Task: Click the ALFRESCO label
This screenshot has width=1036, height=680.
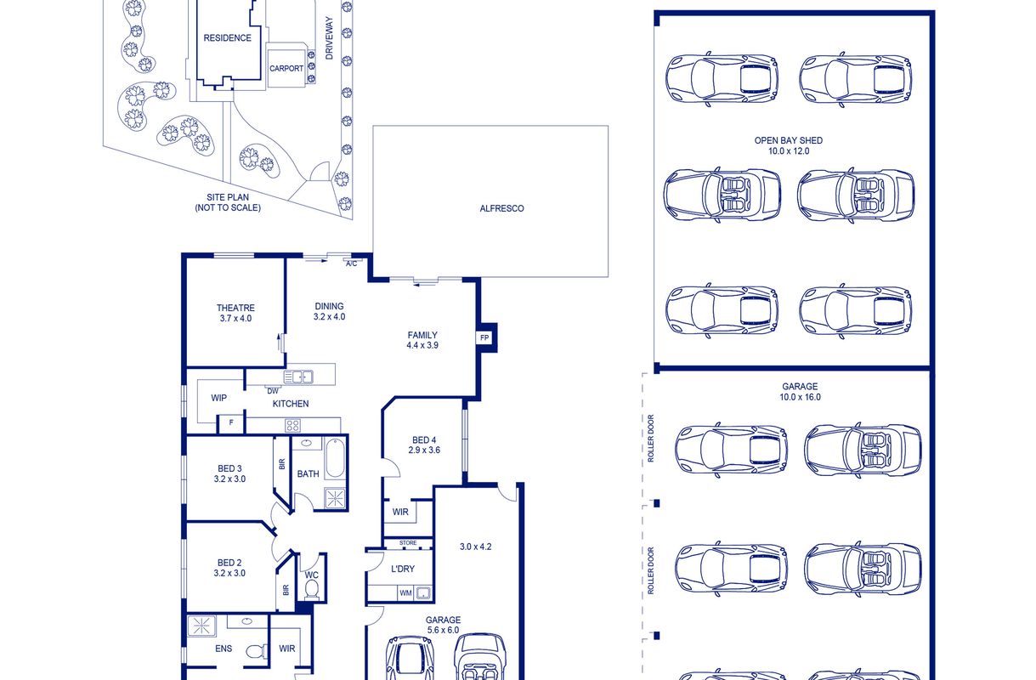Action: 501,208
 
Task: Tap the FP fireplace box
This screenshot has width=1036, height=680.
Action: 484,337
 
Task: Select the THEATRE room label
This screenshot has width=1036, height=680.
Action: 235,308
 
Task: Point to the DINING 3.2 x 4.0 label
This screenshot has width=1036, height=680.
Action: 329,311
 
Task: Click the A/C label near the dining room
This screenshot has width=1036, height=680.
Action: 352,263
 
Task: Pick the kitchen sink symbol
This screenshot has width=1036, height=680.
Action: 298,377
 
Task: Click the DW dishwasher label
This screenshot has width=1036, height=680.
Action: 273,391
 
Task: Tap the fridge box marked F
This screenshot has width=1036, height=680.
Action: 231,422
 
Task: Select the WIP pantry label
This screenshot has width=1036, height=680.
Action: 218,398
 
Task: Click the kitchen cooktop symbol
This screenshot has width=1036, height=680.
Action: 292,425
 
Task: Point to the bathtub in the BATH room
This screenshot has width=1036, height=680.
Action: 335,458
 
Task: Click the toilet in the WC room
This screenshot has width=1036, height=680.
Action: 312,590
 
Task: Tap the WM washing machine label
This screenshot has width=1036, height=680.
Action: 405,593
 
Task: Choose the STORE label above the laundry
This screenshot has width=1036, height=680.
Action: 408,542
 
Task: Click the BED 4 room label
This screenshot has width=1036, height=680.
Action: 424,440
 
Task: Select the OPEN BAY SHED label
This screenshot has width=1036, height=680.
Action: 789,140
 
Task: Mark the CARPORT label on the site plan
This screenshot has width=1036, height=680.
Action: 286,69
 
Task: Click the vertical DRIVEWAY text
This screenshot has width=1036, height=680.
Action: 329,38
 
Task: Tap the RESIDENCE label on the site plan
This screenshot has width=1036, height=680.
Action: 228,38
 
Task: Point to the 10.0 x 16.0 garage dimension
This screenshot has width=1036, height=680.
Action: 800,397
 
